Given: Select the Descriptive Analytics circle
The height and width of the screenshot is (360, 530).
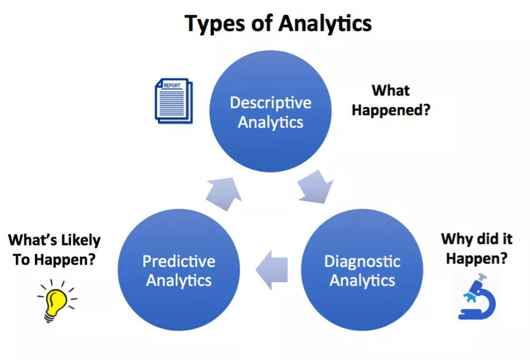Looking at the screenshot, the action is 270,111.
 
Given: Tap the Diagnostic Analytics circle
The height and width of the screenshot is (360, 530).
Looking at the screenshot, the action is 362,271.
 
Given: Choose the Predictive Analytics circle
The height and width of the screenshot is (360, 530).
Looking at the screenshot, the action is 178,271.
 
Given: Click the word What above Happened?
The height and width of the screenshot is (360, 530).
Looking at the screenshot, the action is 390,91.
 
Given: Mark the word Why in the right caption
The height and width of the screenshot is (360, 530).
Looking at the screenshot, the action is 457,238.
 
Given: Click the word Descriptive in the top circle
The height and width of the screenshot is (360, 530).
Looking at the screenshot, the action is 270,102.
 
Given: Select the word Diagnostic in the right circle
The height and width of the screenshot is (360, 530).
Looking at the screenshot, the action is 362,261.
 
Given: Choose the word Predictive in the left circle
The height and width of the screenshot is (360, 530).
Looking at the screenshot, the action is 179,261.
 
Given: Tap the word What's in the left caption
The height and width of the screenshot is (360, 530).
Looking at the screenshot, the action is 31,241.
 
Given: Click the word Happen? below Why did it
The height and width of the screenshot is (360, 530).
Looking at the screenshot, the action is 476,258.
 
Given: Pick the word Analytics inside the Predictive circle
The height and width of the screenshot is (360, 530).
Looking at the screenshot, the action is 179,280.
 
